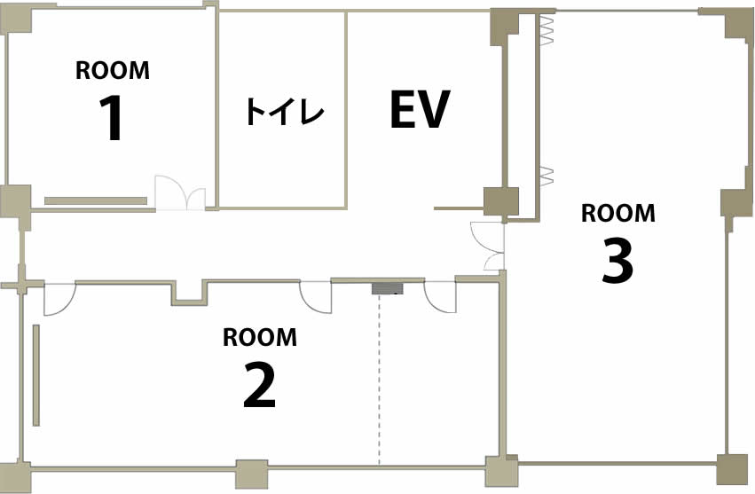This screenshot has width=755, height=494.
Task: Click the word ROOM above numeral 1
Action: click(112, 70)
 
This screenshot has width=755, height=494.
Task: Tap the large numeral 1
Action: click(112, 117)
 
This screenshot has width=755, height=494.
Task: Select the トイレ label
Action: click(284, 111)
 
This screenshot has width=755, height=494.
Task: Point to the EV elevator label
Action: click(420, 109)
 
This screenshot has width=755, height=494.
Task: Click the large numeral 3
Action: click(617, 262)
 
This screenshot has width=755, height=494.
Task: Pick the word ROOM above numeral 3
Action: click(618, 213)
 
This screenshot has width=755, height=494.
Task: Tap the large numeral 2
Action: click(260, 385)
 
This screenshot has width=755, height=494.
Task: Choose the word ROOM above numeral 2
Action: click(260, 337)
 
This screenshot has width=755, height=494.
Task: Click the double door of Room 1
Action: click(180, 192)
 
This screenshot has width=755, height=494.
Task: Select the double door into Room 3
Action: click(487, 246)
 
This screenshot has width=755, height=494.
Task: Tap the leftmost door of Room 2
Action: click(59, 300)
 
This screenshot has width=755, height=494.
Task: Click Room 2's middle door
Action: click(315, 297)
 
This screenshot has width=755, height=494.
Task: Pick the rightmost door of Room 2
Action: click(440, 296)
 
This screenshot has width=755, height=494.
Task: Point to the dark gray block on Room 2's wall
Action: click(387, 288)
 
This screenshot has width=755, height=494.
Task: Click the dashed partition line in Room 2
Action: click(380, 380)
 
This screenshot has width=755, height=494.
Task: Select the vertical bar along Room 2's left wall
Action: click(36, 375)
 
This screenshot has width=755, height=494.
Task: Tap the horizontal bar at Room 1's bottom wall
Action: click(96, 200)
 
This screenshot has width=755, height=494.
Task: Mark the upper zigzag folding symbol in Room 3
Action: click(547, 30)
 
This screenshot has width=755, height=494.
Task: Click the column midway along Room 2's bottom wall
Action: click(251, 474)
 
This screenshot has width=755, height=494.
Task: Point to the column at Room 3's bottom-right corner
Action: click(732, 469)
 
